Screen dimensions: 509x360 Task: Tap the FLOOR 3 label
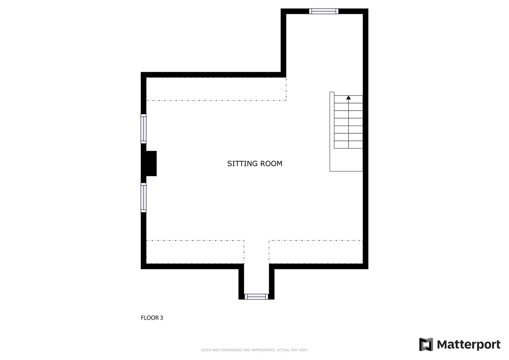(x=152, y=318)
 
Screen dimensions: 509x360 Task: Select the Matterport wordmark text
(x=469, y=345)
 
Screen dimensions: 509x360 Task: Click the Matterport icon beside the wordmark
(x=426, y=344)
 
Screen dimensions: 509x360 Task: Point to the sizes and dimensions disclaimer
(x=254, y=350)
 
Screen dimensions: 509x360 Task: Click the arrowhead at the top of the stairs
(x=348, y=98)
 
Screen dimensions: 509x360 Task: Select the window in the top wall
(x=324, y=11)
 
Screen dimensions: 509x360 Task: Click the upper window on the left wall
(x=144, y=129)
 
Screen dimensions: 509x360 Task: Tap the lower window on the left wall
(x=144, y=197)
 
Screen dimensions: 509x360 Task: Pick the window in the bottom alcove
(x=256, y=297)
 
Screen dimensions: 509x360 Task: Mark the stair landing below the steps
(x=346, y=160)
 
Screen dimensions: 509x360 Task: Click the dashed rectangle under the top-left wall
(x=216, y=89)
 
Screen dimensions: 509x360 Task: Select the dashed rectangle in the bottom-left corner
(x=195, y=252)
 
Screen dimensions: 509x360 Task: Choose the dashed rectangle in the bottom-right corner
(x=316, y=252)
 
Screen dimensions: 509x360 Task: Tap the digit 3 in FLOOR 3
(x=162, y=318)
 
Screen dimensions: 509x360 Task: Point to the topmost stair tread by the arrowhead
(x=348, y=99)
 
